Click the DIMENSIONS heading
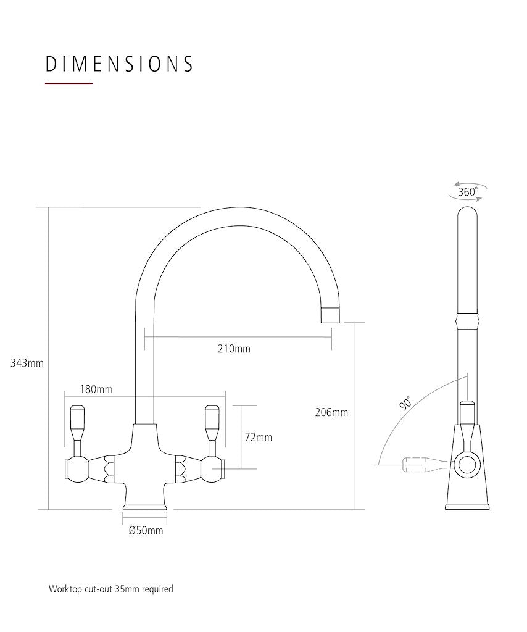(119, 64)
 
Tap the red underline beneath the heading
(69, 83)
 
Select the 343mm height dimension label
(27, 363)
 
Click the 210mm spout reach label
(234, 349)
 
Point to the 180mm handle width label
(96, 389)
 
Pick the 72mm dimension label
(259, 438)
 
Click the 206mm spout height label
(331, 412)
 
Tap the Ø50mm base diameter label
(146, 531)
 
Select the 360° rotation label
(468, 192)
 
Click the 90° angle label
(405, 402)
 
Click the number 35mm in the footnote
(127, 589)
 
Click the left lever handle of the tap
(78, 427)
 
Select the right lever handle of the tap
(212, 427)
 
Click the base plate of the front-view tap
(145, 507)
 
